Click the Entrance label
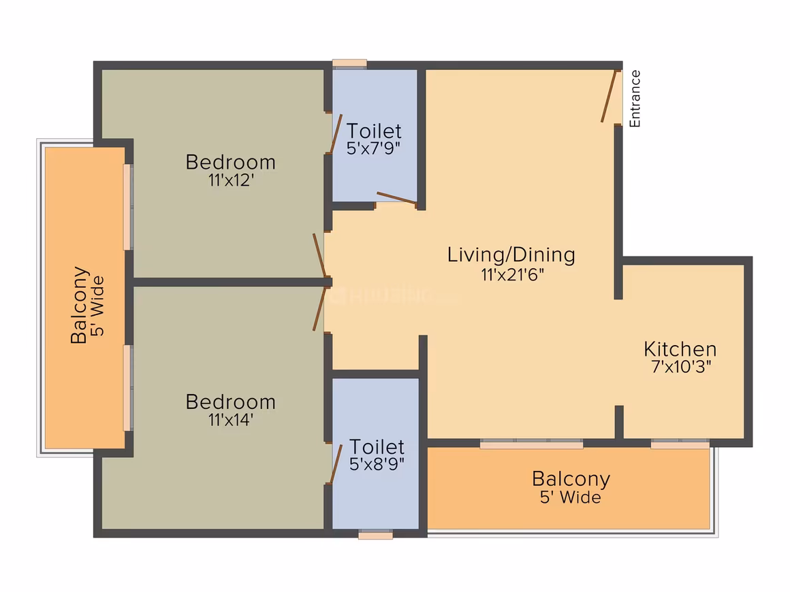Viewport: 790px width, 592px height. [x=635, y=99]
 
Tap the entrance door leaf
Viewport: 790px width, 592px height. [x=609, y=96]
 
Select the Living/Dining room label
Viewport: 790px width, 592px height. [x=511, y=254]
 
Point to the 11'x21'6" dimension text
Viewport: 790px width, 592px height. [x=512, y=275]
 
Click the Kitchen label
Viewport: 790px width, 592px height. [x=680, y=349]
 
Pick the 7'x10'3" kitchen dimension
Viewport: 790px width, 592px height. [x=681, y=367]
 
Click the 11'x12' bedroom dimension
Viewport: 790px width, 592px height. [x=232, y=180]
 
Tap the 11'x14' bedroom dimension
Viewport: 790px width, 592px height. [x=231, y=419]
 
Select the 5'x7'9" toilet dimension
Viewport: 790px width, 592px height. [x=373, y=148]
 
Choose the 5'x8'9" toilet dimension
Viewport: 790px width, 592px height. [x=377, y=463]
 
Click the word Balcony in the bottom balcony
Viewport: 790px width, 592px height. [x=571, y=479]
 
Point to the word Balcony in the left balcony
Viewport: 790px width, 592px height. [x=80, y=305]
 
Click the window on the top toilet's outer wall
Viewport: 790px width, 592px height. [x=349, y=63]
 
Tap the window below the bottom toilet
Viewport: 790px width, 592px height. [x=375, y=535]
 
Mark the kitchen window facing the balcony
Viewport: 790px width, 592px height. [x=680, y=444]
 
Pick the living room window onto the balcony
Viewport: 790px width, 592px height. [x=531, y=444]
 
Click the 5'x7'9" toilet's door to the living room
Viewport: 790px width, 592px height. [x=397, y=198]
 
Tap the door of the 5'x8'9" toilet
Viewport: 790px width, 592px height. [x=336, y=463]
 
